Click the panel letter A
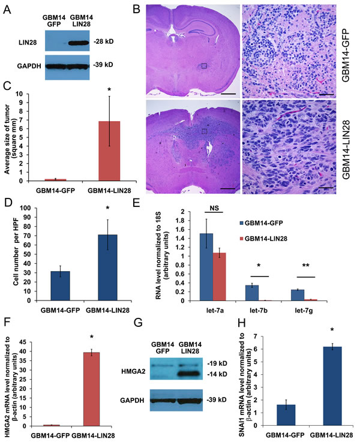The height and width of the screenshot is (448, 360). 8,8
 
